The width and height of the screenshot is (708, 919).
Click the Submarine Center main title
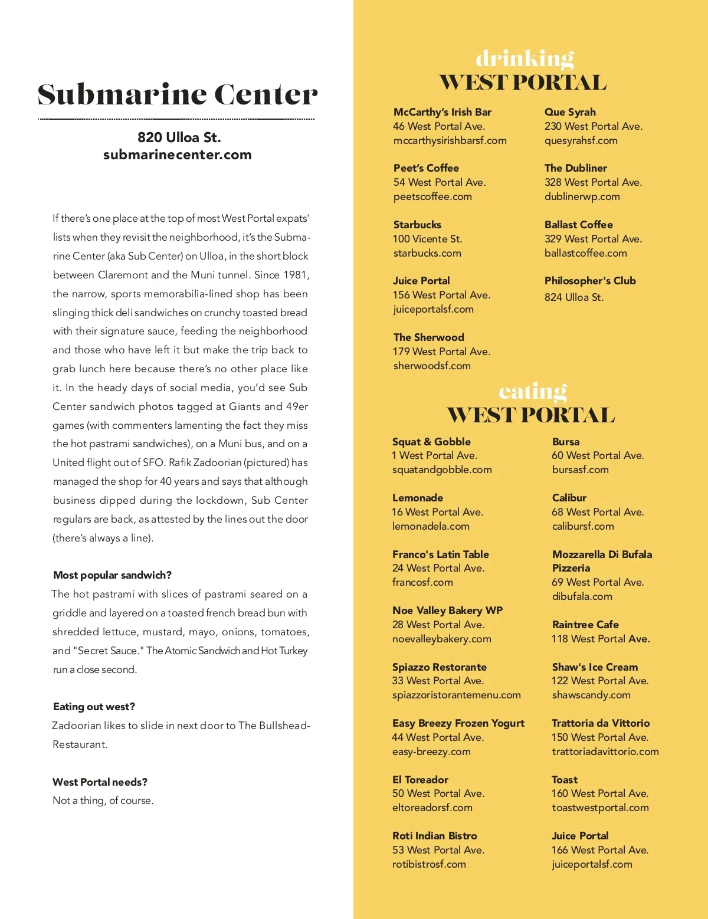click(177, 95)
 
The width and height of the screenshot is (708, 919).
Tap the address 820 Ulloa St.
click(179, 137)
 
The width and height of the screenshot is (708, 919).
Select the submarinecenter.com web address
click(177, 155)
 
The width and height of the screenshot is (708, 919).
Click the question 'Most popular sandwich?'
click(112, 575)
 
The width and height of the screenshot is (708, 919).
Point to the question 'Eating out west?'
click(94, 707)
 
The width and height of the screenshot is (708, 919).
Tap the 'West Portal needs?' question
click(100, 782)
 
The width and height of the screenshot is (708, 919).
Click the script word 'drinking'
click(525, 58)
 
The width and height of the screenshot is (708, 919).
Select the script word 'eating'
click(532, 391)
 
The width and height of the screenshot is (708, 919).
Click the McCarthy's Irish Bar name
click(442, 112)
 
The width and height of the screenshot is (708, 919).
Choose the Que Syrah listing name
click(570, 112)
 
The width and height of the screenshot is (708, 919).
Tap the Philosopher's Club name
click(590, 281)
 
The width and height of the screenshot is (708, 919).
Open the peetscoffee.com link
click(432, 196)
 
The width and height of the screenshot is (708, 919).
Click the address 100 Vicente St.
click(427, 239)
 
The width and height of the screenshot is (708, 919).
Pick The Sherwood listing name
click(428, 337)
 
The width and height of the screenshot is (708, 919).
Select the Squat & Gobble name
click(431, 442)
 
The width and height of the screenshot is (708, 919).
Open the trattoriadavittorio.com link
click(605, 751)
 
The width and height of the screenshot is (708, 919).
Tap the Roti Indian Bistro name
click(434, 836)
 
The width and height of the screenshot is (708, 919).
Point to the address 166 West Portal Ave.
click(600, 850)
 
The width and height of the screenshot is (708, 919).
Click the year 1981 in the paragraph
click(295, 275)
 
